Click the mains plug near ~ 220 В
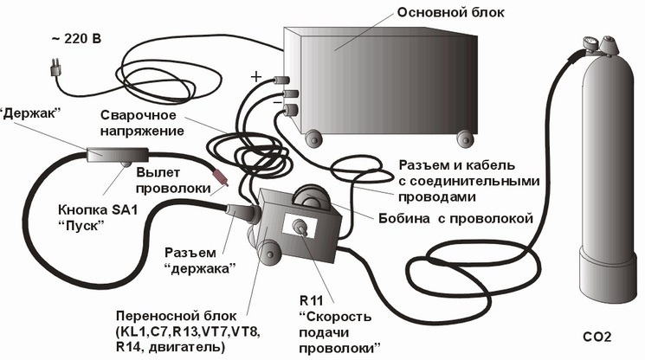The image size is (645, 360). [55, 68]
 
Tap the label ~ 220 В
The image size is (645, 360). [76, 39]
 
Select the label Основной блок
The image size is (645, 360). [450, 12]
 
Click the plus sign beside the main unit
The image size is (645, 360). [256, 76]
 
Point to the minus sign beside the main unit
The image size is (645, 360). [278, 101]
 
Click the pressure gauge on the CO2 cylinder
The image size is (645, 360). [590, 43]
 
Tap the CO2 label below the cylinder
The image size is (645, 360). [597, 337]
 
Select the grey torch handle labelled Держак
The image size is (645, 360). [117, 157]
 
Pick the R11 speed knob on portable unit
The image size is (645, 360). [300, 228]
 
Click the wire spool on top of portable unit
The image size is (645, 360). [311, 196]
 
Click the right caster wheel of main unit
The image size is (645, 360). [465, 138]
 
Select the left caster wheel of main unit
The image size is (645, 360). [313, 138]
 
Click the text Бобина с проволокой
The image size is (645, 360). [455, 218]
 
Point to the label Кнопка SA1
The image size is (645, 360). [98, 210]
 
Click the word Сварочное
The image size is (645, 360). [139, 115]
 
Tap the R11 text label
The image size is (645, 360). [311, 301]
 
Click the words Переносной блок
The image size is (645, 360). [177, 316]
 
